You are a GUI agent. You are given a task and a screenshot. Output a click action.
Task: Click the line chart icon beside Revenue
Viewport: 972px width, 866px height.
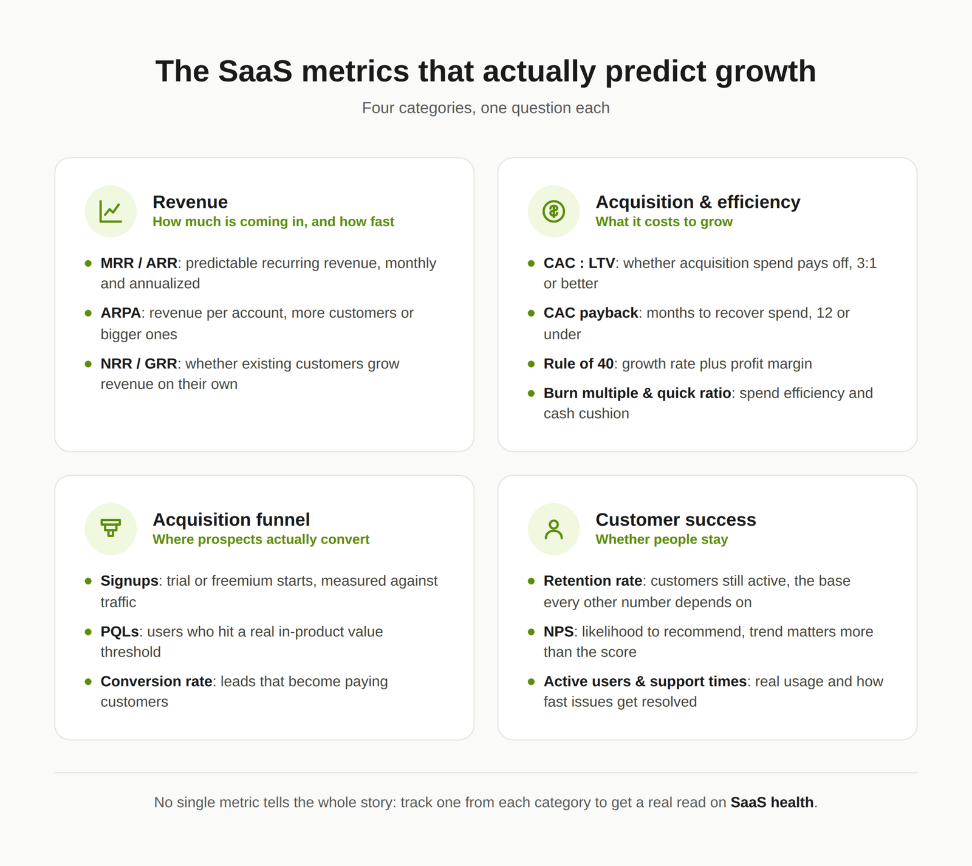[x=111, y=211]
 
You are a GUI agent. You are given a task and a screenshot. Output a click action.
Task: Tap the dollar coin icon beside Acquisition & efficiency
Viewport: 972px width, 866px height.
[x=553, y=211]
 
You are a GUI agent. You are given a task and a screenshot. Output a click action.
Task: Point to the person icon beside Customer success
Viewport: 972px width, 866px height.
[x=553, y=529]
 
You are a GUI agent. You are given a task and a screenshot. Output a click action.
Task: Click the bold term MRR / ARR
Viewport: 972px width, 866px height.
[x=139, y=263]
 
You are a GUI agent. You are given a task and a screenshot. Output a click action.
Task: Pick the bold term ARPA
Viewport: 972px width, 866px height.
[x=121, y=313]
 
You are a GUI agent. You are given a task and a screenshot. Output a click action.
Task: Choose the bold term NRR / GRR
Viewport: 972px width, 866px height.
[x=139, y=363]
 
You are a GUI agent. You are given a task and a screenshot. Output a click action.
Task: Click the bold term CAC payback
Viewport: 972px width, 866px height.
[x=591, y=313]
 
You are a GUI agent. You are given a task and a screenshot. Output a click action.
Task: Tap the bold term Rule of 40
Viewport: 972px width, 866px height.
[x=579, y=363]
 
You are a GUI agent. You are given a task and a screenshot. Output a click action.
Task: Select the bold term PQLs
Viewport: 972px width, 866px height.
[x=120, y=631]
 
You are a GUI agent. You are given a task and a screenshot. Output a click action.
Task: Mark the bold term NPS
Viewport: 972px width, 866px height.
[x=559, y=631]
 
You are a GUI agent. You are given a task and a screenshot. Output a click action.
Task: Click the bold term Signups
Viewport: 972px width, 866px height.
[x=129, y=581]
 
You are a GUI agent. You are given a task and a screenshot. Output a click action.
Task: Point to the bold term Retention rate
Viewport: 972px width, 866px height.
[x=593, y=581]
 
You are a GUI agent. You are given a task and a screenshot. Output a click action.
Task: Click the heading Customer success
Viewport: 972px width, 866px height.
[x=676, y=520]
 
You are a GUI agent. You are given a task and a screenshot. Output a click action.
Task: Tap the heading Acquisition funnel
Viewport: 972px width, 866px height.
[x=231, y=520]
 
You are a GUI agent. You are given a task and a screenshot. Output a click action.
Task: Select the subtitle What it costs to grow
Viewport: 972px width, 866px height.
[x=664, y=222]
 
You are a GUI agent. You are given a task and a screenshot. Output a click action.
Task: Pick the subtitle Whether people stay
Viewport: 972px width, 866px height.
[x=662, y=540]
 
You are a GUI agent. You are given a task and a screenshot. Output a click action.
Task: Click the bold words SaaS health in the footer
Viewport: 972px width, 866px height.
[x=772, y=802]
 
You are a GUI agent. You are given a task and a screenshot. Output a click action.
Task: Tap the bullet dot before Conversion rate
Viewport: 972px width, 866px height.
[x=88, y=682]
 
